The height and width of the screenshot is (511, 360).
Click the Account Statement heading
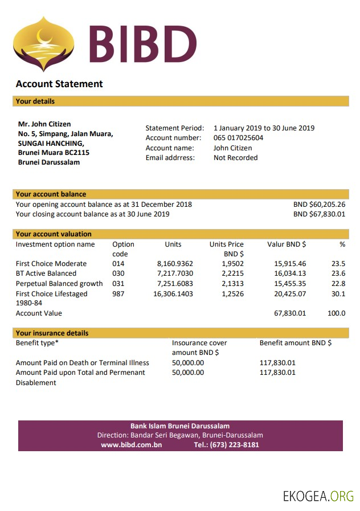coord(59,84)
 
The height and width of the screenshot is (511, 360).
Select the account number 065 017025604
coord(238,138)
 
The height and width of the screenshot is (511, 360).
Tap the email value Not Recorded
coord(235,158)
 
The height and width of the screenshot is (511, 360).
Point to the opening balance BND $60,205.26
coord(319,205)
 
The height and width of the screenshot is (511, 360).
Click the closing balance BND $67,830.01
coord(319,214)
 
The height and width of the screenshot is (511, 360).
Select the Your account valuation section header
coord(54,234)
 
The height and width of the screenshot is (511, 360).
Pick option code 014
coord(118,264)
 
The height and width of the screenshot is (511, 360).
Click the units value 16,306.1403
coord(173,294)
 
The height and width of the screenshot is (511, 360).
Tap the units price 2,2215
coord(232,273)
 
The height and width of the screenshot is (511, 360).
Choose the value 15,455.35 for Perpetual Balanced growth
coord(290,284)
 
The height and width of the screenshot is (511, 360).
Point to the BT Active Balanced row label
coord(46,273)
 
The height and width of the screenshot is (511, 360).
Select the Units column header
coord(173,244)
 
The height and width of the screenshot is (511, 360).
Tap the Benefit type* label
coord(37,343)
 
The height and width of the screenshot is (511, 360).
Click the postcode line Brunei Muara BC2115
coord(54,153)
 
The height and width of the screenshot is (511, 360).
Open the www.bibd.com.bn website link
coord(131,445)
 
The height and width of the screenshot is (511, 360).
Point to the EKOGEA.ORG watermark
coord(318,496)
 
